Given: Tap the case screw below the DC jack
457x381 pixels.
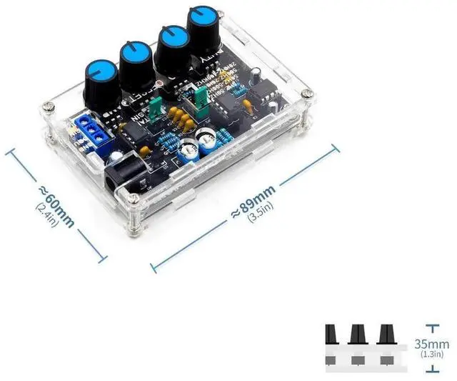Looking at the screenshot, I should tap(131, 230).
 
